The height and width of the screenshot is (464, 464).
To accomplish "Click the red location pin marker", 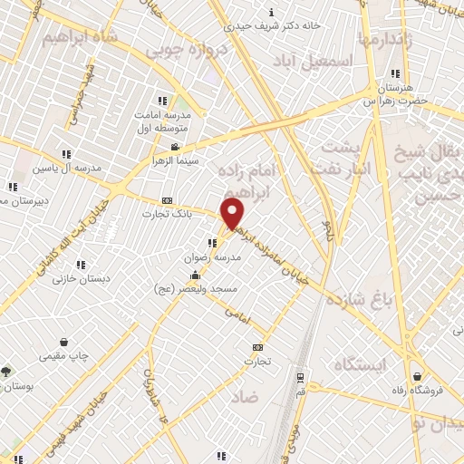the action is tap(233, 214).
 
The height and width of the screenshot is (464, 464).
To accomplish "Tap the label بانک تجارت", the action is tap(161, 214).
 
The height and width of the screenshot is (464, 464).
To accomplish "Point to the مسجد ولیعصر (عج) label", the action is tap(197, 287).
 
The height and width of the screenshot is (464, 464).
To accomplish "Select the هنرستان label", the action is tap(394, 87).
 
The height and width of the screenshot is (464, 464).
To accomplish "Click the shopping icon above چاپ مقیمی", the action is tap(64, 343).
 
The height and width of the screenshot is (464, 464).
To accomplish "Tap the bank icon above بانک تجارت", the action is tap(166, 200).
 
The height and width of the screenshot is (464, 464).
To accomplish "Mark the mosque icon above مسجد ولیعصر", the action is tap(195, 275).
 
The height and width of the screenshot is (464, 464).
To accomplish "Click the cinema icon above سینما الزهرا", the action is tap(175, 147).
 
